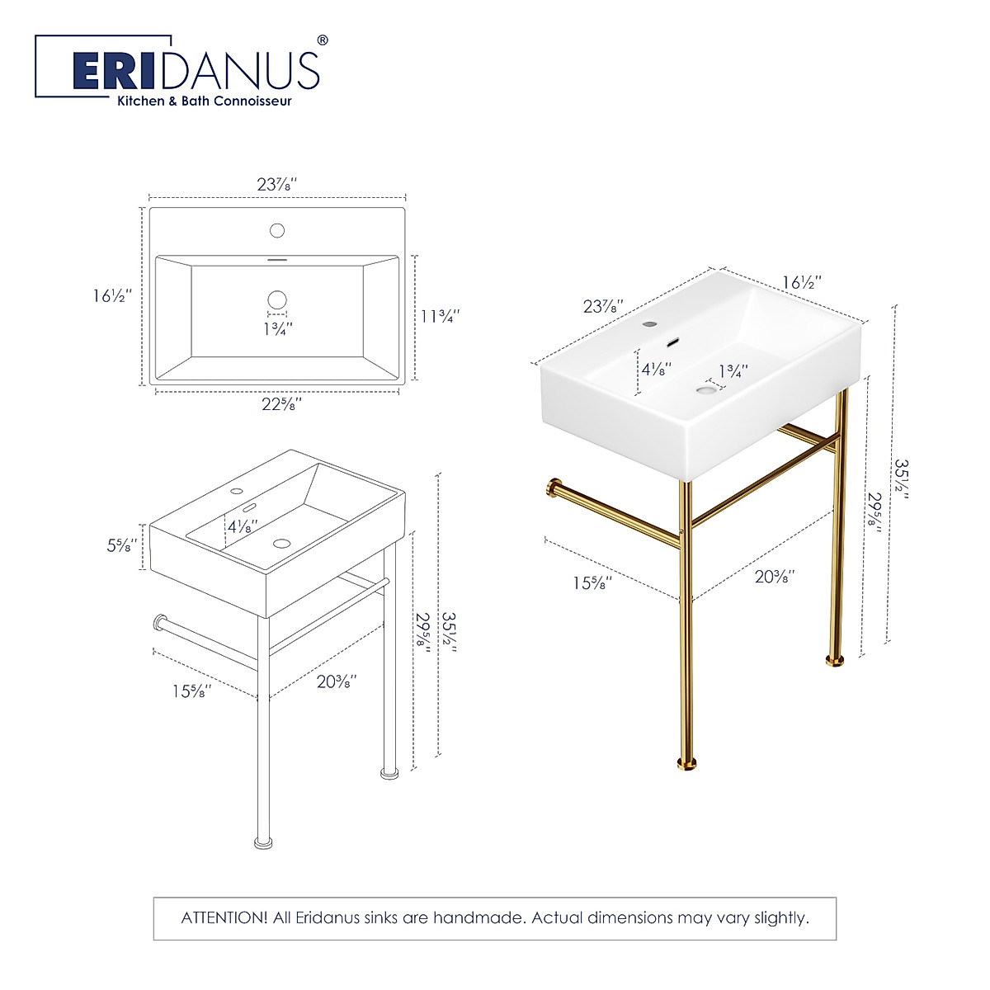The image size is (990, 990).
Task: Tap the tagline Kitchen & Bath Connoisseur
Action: point(204,101)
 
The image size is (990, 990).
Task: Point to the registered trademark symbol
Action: point(323,40)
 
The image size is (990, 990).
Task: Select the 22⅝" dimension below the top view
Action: point(278,404)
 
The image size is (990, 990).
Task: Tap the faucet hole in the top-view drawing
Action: point(277,230)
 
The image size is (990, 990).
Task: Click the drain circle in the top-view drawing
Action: point(277,299)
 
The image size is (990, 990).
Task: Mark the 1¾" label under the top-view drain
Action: point(277,328)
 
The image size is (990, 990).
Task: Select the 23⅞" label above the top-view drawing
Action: point(277,184)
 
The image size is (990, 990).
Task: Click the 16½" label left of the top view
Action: point(112,295)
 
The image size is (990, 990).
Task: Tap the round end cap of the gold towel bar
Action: point(551,490)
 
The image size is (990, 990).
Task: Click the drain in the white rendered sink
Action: point(706,387)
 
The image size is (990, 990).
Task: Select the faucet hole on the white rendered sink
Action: point(649,323)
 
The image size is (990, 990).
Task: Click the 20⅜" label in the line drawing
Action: point(336,681)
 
